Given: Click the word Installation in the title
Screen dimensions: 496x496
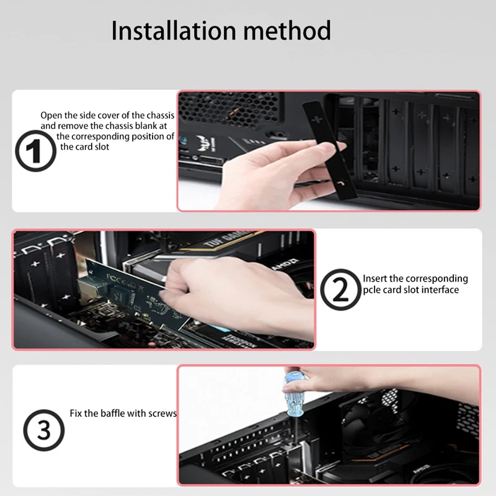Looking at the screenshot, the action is tap(174, 30).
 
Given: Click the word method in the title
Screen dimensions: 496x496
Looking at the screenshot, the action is tap(287, 30).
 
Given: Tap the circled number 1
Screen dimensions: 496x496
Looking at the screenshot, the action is tap(36, 151).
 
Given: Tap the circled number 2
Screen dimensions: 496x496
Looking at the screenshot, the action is tap(340, 290).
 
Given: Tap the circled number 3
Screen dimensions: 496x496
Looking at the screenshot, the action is tap(44, 430).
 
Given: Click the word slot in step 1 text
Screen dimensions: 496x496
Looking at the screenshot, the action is tap(102, 147).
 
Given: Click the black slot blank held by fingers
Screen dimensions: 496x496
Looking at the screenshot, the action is tap(330, 150).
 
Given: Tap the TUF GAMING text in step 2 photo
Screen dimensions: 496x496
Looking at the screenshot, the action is tap(226, 239).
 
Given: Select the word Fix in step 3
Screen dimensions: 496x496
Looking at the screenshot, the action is tap(75, 413).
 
